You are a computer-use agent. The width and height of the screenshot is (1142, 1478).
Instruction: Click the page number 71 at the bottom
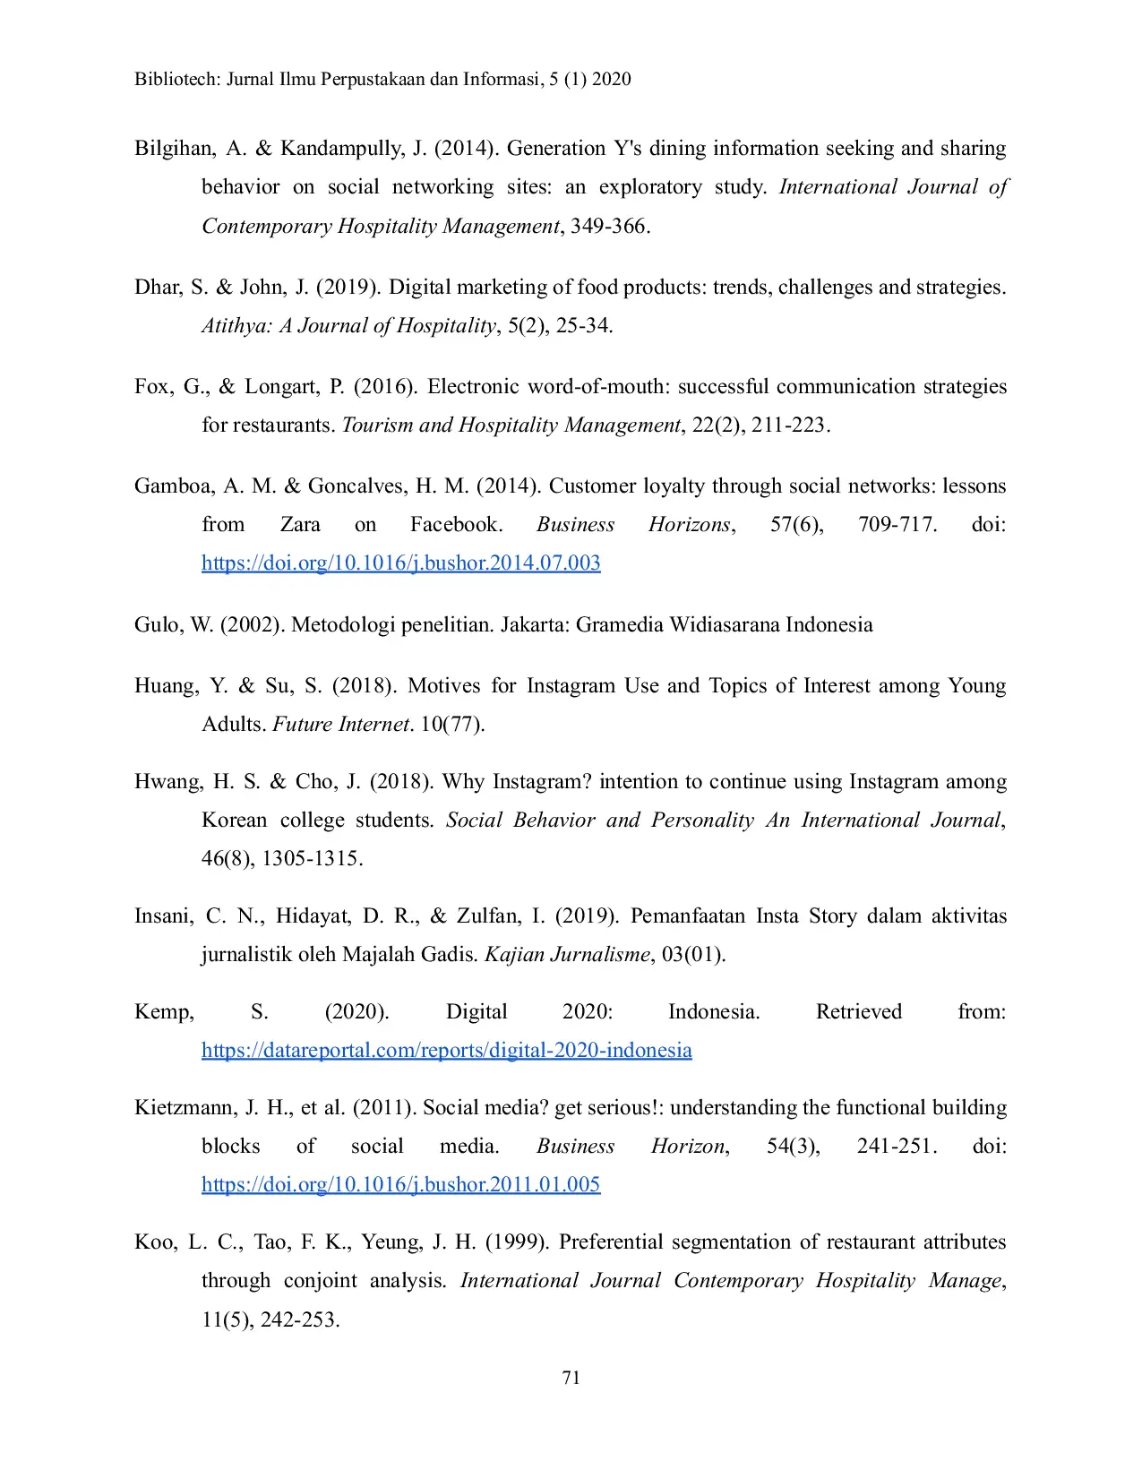pyautogui.click(x=571, y=1378)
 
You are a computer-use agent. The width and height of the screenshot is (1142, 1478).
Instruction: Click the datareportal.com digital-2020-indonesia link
pyautogui.click(x=446, y=1050)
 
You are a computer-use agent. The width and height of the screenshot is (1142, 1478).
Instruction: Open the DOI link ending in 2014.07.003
pyautogui.click(x=400, y=563)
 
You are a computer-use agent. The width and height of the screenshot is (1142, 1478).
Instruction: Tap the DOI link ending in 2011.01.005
pyautogui.click(x=400, y=1184)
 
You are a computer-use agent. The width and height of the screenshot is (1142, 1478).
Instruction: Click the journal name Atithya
pyautogui.click(x=236, y=326)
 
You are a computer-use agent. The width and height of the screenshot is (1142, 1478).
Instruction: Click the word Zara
pyautogui.click(x=300, y=525)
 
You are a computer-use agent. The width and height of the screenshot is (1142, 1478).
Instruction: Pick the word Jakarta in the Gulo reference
pyautogui.click(x=533, y=625)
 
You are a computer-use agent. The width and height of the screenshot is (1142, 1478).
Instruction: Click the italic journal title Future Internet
pyautogui.click(x=340, y=725)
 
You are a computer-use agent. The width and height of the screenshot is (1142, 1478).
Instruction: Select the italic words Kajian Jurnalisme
pyautogui.click(x=567, y=955)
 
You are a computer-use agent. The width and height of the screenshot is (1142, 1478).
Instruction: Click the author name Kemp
pyautogui.click(x=163, y=1012)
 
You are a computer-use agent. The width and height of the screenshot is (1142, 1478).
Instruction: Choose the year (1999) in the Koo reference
pyautogui.click(x=517, y=1242)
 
